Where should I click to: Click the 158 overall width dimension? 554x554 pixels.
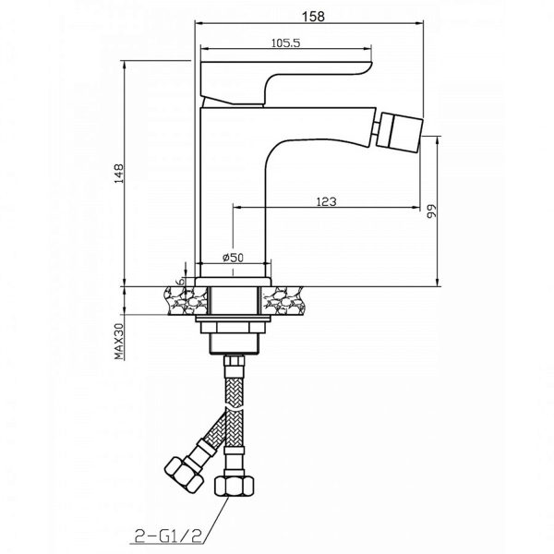313,16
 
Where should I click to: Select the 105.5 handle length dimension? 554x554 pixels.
285,43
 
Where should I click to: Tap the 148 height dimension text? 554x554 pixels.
119,174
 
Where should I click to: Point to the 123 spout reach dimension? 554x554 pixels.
326,201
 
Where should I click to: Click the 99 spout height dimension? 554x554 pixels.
432,211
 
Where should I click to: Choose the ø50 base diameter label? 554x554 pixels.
234,258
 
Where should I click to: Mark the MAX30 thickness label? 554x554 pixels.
119,342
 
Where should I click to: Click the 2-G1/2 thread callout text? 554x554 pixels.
167,536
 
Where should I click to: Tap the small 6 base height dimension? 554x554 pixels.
180,282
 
